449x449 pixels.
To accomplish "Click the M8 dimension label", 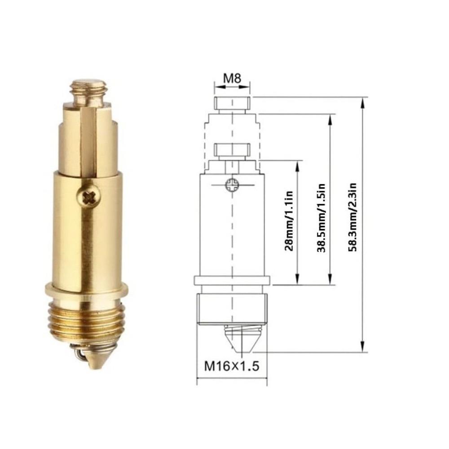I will click(232, 78).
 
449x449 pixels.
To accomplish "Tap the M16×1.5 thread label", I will click(232, 366).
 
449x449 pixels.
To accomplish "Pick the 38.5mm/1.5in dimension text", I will click(321, 217).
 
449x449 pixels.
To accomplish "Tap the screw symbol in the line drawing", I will click(233, 184).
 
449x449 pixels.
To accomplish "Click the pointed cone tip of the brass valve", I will click(95, 362).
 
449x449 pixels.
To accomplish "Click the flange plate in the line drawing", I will click(232, 281).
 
